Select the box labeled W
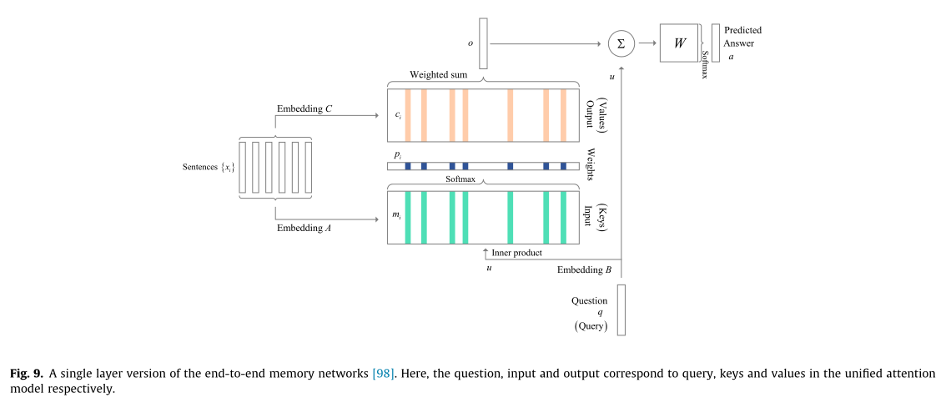click(680, 43)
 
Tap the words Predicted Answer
click(742, 37)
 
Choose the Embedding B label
click(584, 269)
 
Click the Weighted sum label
click(438, 75)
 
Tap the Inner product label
click(517, 253)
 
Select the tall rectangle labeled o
click(483, 43)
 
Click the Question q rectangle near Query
click(621, 310)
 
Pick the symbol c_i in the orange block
click(398, 115)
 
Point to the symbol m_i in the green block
click(397, 215)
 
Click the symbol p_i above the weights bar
click(397, 156)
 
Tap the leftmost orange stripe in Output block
click(408, 115)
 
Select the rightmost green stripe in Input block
click(563, 218)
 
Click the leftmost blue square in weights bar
click(408, 166)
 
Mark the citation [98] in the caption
click(385, 374)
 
